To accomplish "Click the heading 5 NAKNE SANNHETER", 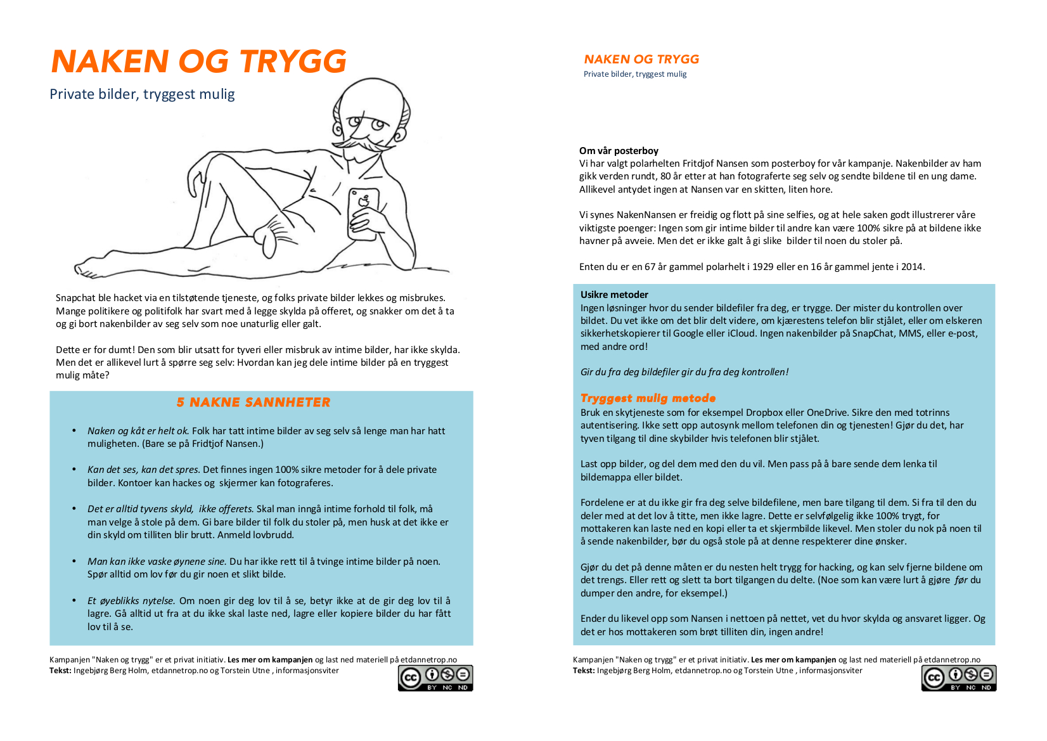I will (254, 403).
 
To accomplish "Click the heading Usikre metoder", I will (614, 295).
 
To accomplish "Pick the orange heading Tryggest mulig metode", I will (648, 398).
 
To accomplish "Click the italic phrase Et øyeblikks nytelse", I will (131, 601).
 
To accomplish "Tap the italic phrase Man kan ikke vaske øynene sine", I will (157, 562).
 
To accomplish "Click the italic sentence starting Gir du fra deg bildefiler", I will (684, 372).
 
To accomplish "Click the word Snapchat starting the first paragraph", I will (75, 298).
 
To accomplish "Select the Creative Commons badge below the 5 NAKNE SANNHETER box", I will (435, 678).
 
